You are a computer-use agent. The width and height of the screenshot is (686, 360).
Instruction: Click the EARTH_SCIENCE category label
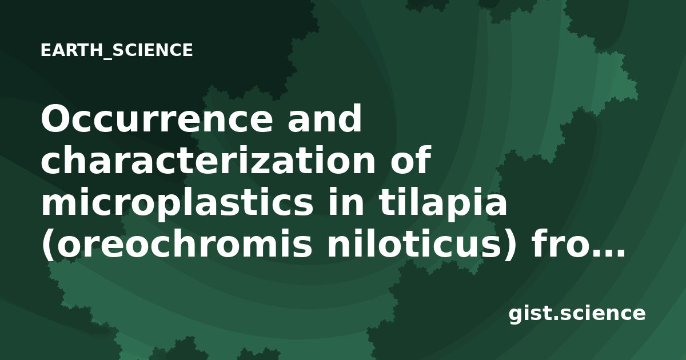coord(117,50)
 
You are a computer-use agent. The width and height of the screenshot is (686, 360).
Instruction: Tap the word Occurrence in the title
coord(157,118)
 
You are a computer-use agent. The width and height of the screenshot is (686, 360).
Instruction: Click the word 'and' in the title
coord(325,118)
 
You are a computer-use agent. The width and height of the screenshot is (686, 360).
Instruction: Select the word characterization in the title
coord(208,160)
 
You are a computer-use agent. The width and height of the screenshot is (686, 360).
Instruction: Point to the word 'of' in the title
coord(411,159)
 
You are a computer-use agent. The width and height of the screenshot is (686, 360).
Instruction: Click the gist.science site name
coord(577,314)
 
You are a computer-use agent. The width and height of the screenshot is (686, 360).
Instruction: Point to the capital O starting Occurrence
coord(57,118)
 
